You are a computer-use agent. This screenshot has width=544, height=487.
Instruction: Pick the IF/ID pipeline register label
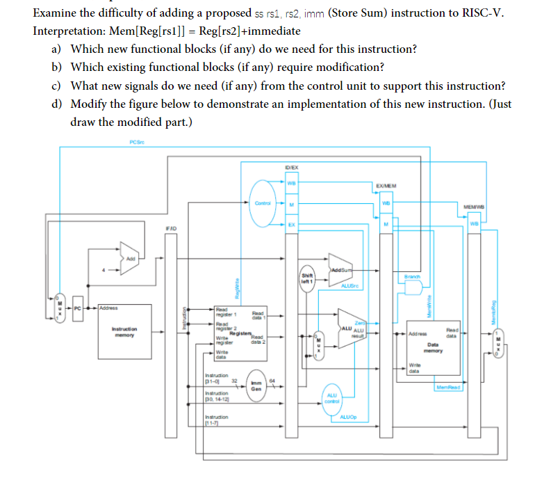coord(171,227)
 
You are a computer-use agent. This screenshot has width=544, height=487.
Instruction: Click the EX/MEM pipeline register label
coord(386,186)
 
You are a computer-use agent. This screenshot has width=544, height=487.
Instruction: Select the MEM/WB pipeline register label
coord(475,206)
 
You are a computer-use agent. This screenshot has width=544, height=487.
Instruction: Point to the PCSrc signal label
coord(137,143)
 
